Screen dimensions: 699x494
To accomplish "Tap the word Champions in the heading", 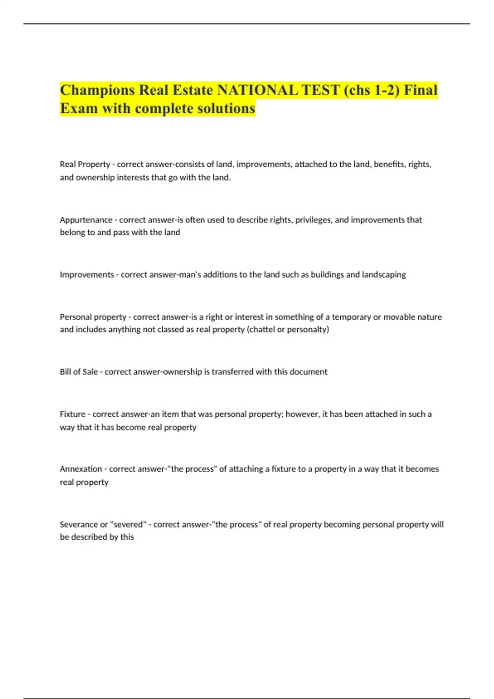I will [97, 90].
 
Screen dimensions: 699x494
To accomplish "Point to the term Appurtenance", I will [86, 220].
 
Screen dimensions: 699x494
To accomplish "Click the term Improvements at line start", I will [86, 275].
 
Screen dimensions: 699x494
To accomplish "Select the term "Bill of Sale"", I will [79, 372].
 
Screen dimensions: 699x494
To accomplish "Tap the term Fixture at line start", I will [72, 414].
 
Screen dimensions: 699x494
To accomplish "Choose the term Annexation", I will [81, 469].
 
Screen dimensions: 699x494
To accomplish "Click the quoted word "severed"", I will [128, 525].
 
